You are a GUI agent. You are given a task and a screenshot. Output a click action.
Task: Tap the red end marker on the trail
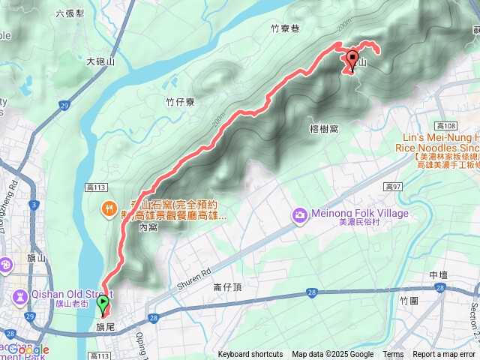[352, 60]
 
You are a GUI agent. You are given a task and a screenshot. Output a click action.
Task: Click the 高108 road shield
[445, 125]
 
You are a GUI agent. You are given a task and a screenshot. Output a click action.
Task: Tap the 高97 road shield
[393, 186]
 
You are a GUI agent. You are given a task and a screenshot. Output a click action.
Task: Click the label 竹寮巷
[284, 28]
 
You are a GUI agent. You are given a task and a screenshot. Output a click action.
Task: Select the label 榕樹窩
[323, 129]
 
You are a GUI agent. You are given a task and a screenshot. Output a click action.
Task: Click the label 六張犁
[70, 13]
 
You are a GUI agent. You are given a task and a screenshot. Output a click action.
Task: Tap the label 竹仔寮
[181, 101]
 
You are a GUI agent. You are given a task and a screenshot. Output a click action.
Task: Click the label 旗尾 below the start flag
[104, 328]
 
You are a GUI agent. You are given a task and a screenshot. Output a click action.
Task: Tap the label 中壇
[439, 275]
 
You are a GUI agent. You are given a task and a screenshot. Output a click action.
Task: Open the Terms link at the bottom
[393, 355]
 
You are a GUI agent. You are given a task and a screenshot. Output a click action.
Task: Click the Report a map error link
[445, 355]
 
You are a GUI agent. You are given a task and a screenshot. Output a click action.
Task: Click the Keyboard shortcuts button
[250, 355]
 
